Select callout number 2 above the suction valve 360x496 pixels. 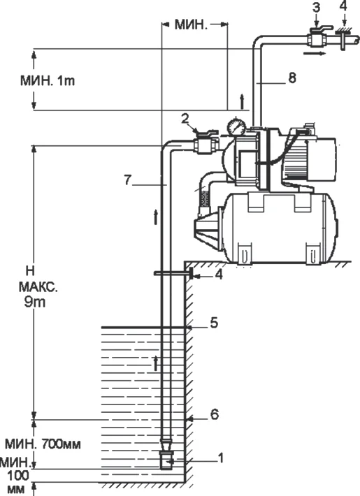click(184, 120)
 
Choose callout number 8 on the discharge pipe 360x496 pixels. click(291, 78)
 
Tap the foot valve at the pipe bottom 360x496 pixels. click(168, 458)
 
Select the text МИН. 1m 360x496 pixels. click(47, 80)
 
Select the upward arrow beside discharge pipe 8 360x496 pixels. click(241, 100)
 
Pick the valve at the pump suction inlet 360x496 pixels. click(203, 145)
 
